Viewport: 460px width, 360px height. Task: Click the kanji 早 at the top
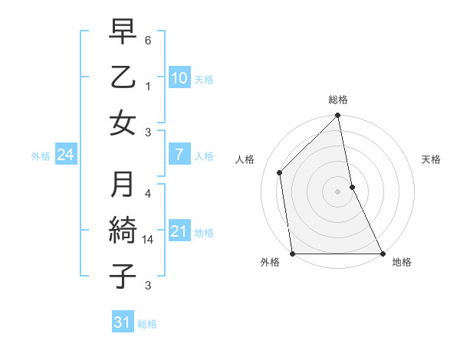click(123, 33)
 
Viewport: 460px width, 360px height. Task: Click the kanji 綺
click(123, 230)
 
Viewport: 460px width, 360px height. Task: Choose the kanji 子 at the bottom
click(123, 275)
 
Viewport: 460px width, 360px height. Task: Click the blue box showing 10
click(179, 77)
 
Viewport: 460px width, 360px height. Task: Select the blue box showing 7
click(179, 155)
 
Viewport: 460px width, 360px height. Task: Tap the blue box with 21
click(179, 231)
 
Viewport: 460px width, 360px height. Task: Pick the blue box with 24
click(65, 155)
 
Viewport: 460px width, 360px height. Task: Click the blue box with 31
click(123, 322)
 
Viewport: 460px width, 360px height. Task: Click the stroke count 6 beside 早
click(148, 39)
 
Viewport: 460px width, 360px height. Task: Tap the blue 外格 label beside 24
click(41, 156)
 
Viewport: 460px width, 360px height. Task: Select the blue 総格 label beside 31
click(148, 324)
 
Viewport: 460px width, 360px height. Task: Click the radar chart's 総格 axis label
click(338, 100)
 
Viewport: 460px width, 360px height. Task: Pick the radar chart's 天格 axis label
click(432, 159)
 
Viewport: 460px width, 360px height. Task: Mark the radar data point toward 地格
click(382, 254)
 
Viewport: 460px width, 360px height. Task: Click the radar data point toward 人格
click(280, 172)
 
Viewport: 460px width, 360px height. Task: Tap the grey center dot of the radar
click(338, 191)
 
